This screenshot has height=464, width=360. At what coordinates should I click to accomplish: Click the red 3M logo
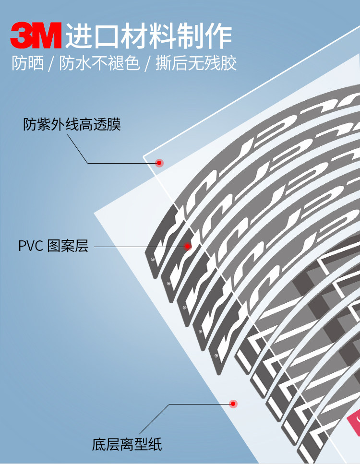36,36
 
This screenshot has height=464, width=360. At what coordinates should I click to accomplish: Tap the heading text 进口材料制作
149,36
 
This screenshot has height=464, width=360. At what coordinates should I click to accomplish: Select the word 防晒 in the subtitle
28,64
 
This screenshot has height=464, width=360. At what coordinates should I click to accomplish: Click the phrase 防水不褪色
99,64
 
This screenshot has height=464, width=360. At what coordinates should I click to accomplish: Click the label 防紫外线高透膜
72,125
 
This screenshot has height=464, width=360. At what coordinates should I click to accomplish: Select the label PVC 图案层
53,247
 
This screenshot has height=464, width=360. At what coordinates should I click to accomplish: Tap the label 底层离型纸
127,444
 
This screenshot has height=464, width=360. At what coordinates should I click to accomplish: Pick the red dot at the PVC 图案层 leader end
188,247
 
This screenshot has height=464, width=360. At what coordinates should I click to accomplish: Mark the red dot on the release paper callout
233,404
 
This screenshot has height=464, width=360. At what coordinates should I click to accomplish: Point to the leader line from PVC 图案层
139,247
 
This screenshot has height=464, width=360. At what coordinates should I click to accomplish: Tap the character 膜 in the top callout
115,125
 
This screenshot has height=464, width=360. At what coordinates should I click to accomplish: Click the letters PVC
31,247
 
